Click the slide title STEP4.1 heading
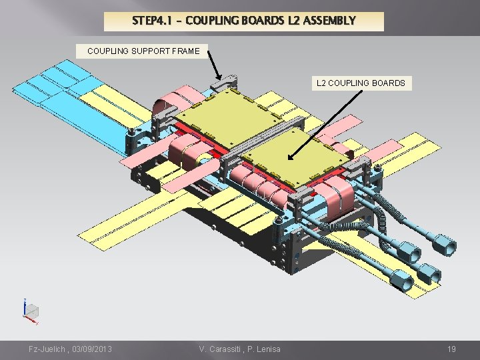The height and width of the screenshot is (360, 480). click(x=244, y=21)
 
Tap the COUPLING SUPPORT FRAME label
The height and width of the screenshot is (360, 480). click(x=143, y=51)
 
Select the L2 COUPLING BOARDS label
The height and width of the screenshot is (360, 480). click(x=361, y=83)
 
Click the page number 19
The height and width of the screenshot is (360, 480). click(x=451, y=349)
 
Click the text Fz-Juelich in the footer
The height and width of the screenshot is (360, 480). click(x=46, y=349)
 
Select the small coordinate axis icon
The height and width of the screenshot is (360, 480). click(x=30, y=311)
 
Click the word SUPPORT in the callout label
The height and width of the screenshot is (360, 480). click(x=145, y=51)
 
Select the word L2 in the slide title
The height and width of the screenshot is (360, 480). click(x=293, y=21)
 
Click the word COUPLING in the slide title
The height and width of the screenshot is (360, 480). click(x=211, y=21)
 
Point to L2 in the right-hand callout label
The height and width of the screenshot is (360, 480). click(x=321, y=83)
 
